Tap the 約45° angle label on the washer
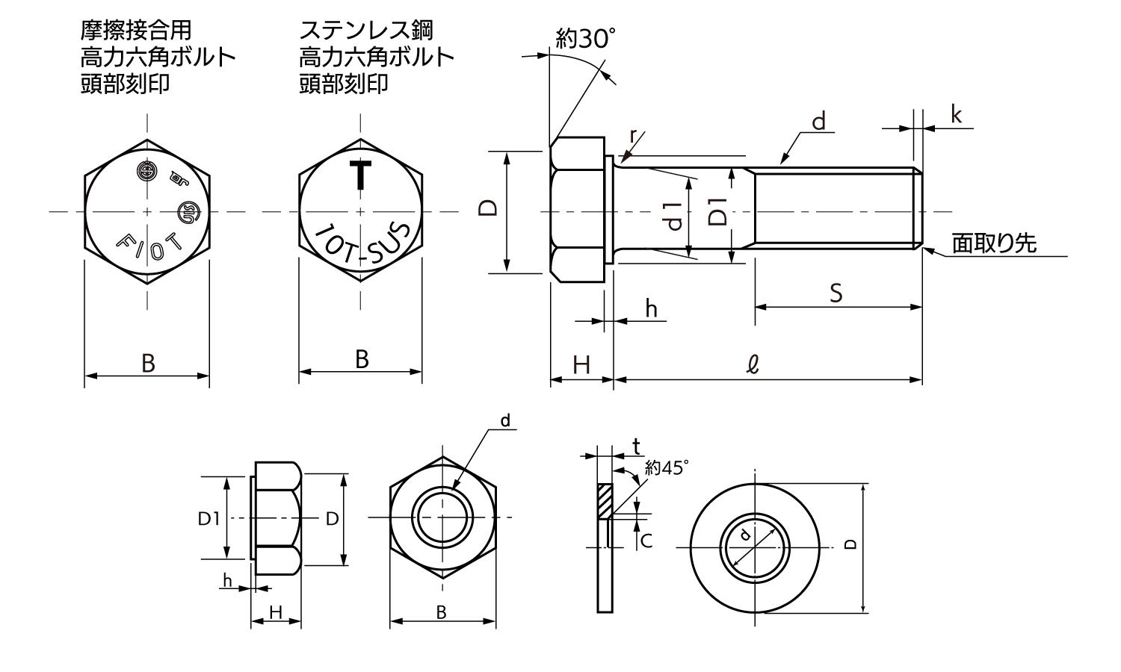(x=666, y=469)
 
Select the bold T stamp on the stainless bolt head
(x=362, y=174)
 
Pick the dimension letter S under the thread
(x=836, y=293)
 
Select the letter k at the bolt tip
(x=956, y=115)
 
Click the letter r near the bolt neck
(x=634, y=135)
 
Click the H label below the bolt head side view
(x=581, y=365)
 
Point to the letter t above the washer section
(x=636, y=447)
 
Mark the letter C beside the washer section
(x=646, y=541)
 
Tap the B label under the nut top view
(x=442, y=612)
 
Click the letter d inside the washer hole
(x=744, y=535)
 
